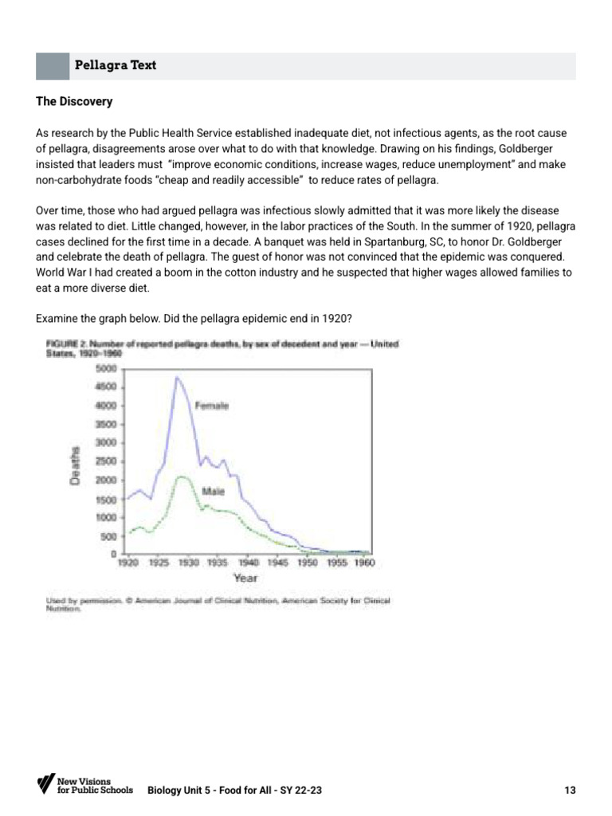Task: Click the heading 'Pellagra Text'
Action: click(115, 65)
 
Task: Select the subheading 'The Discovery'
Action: click(75, 102)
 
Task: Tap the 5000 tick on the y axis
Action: click(107, 368)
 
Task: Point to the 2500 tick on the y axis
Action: click(107, 461)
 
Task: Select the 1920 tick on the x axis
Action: click(128, 563)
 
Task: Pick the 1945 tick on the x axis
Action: click(277, 563)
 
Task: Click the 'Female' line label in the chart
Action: click(212, 406)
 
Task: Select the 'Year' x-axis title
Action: click(245, 578)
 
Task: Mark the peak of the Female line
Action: click(177, 377)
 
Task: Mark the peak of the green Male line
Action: click(181, 476)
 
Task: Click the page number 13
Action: click(569, 790)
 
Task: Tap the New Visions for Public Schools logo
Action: click(74, 784)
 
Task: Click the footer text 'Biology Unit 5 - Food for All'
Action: click(212, 790)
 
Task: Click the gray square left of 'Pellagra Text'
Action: click(52, 65)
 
